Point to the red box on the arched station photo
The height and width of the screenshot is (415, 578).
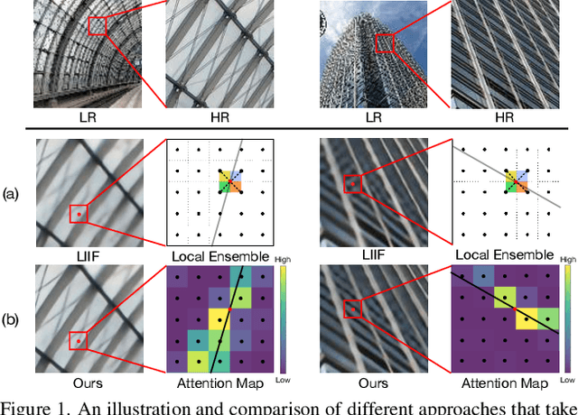tap(98, 25)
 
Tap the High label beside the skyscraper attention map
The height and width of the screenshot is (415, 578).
tap(568, 260)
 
